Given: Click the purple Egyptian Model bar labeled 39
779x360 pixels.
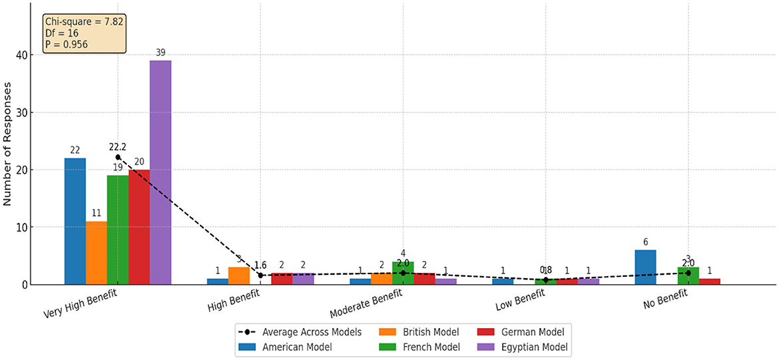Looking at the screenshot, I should [160, 172].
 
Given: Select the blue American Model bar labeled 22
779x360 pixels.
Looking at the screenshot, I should [75, 221].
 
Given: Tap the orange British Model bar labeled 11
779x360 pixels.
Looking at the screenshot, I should [97, 253].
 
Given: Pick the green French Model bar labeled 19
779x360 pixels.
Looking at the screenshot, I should [118, 230].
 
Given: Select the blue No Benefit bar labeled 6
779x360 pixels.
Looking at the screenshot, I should [645, 268].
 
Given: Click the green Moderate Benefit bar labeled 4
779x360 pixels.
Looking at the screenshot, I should [403, 273].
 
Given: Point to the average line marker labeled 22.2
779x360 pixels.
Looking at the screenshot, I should [118, 157].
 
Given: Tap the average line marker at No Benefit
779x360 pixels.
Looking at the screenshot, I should [688, 273].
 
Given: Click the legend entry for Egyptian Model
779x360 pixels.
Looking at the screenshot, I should [530, 346].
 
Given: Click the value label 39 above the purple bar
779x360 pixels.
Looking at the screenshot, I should [160, 52].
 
